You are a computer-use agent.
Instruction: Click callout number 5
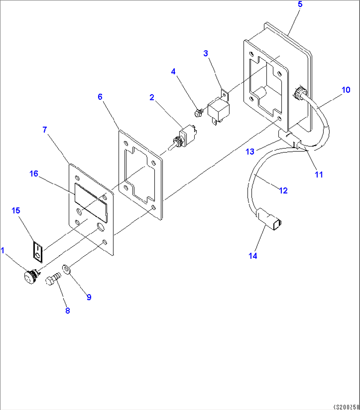point(300,4)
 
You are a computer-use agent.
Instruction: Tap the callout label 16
point(34,174)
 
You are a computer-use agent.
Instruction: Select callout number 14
point(253,256)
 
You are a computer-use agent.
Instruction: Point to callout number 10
point(346,90)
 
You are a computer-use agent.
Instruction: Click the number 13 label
point(250,151)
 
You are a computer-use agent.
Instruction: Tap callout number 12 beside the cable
point(283,190)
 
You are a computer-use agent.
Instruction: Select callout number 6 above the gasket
point(100,97)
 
